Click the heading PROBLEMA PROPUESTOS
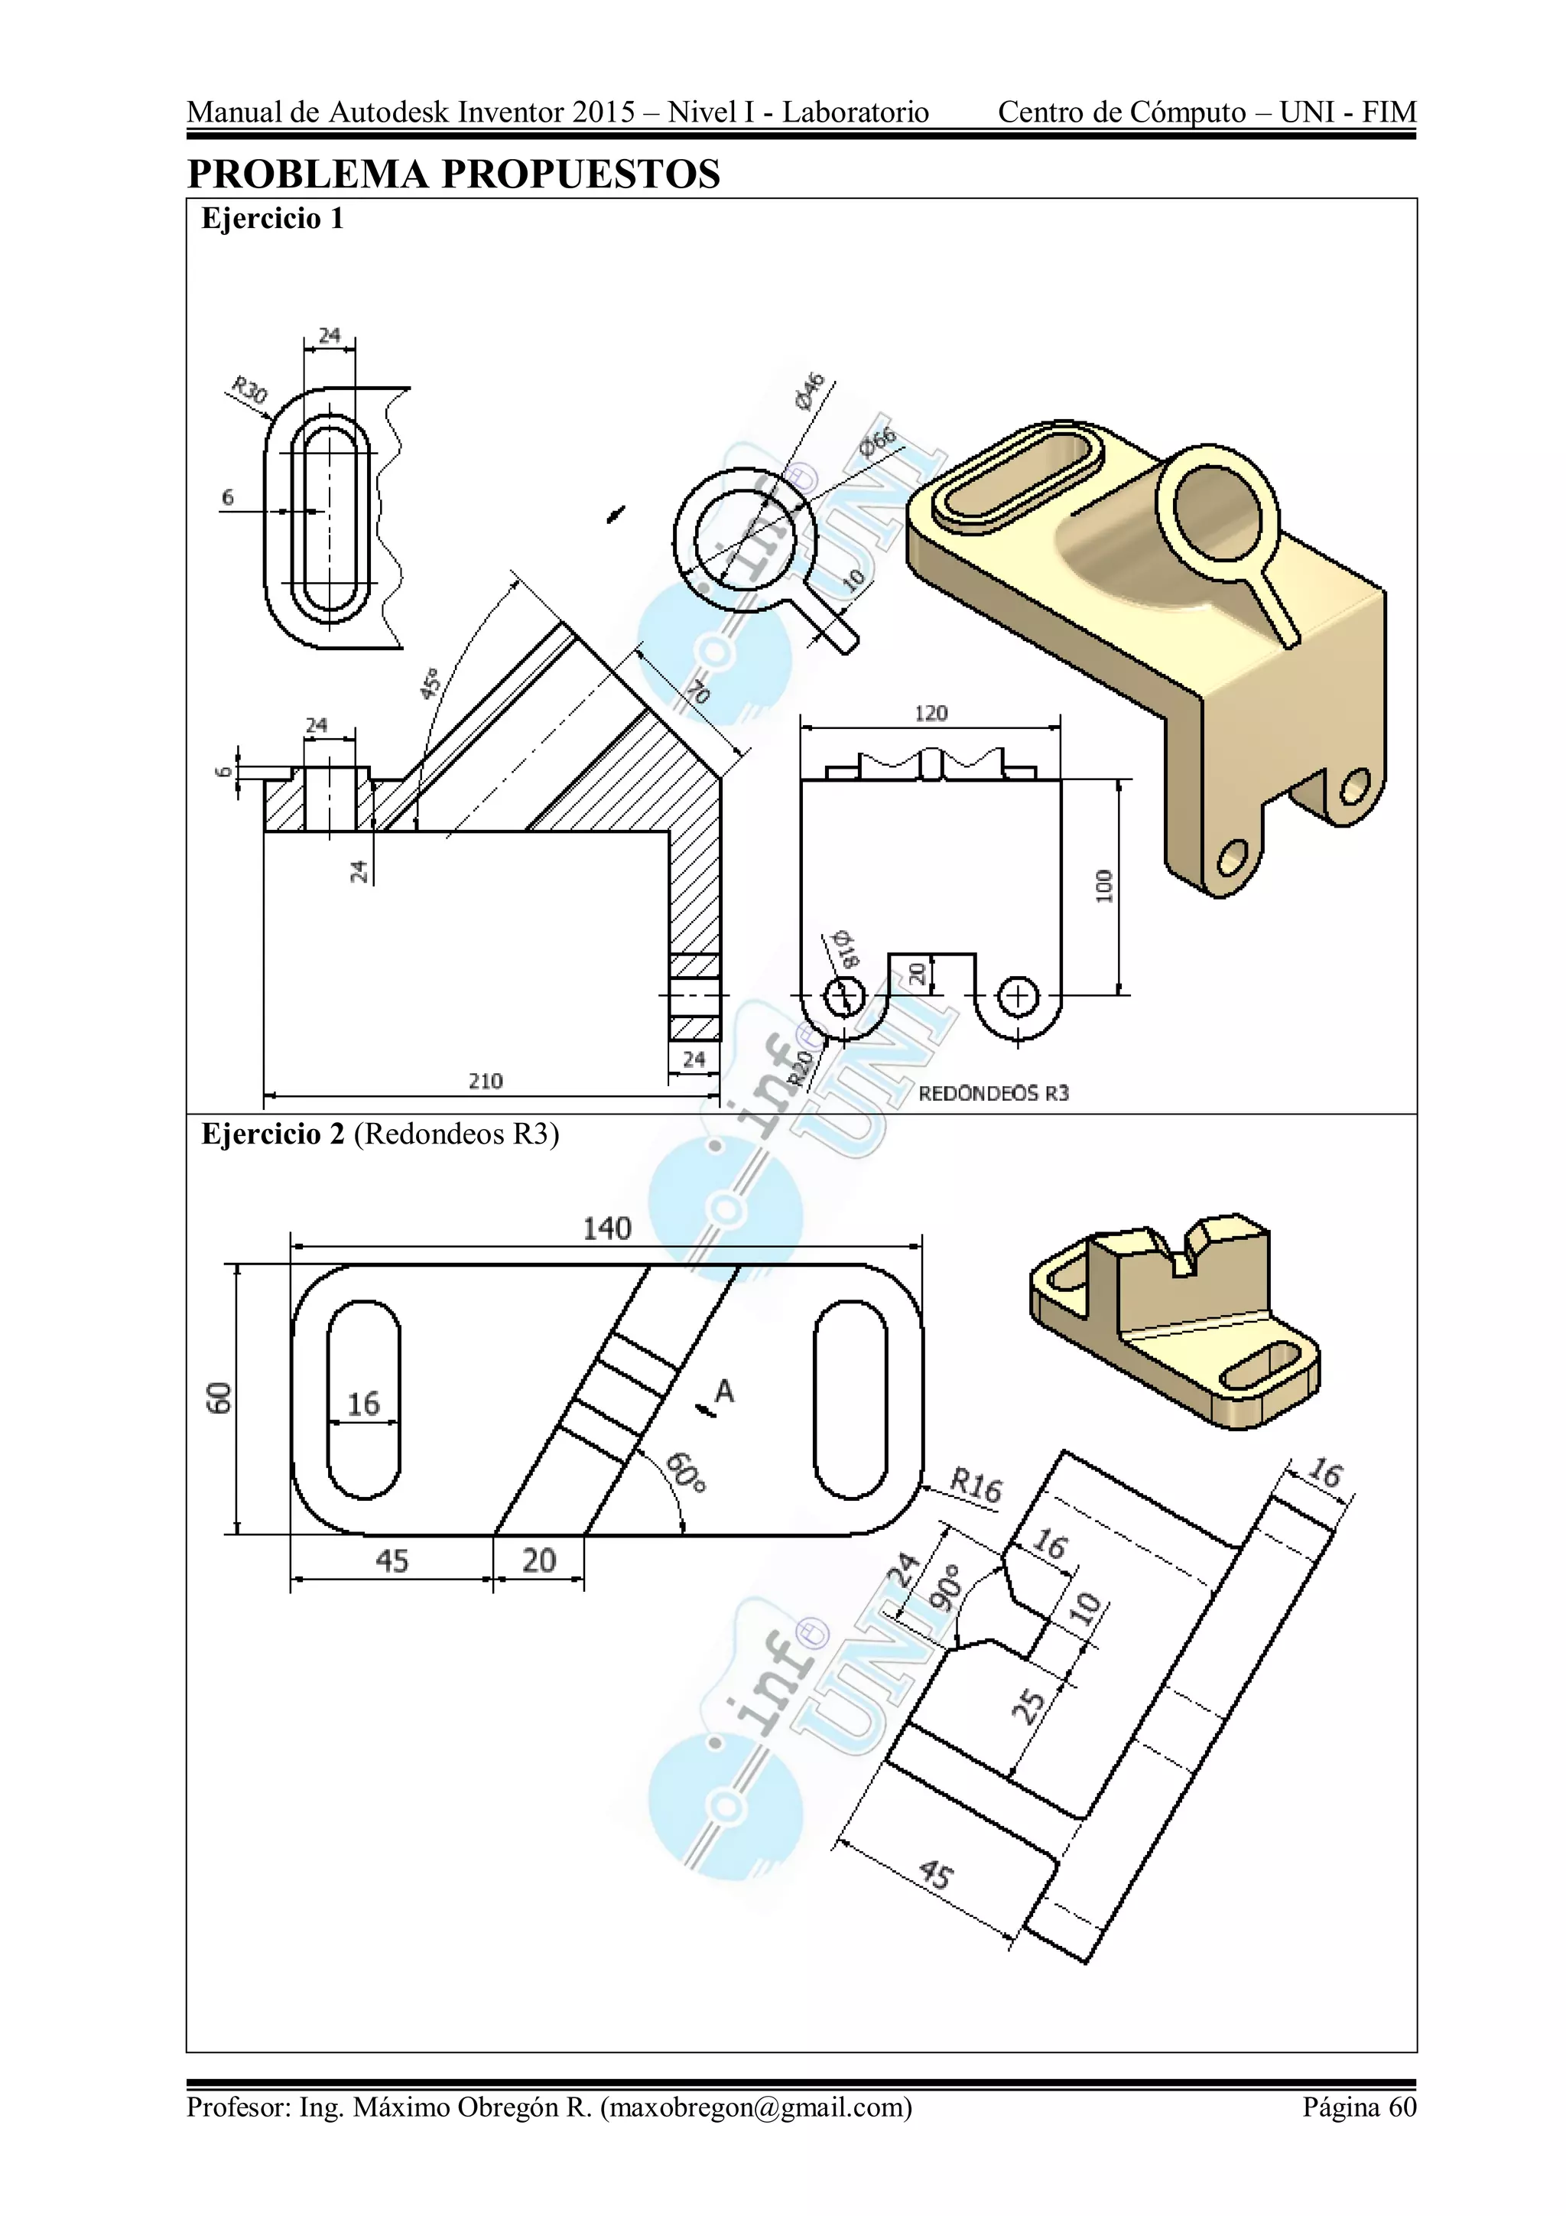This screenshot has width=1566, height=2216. click(453, 174)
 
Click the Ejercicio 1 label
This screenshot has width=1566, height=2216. click(272, 219)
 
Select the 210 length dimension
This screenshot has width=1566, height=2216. click(486, 1081)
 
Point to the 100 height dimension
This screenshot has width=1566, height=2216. click(1104, 885)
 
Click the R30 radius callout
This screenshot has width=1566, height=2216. click(248, 392)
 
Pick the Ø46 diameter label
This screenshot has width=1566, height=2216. click(810, 391)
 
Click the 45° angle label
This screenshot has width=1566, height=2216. click(430, 682)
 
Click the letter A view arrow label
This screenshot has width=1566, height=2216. click(723, 1391)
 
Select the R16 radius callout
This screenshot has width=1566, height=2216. click(976, 1485)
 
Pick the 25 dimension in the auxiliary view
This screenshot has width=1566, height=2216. click(1028, 1706)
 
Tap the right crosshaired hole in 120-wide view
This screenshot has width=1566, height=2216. click(1017, 996)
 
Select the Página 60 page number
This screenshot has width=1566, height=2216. click(1359, 2107)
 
